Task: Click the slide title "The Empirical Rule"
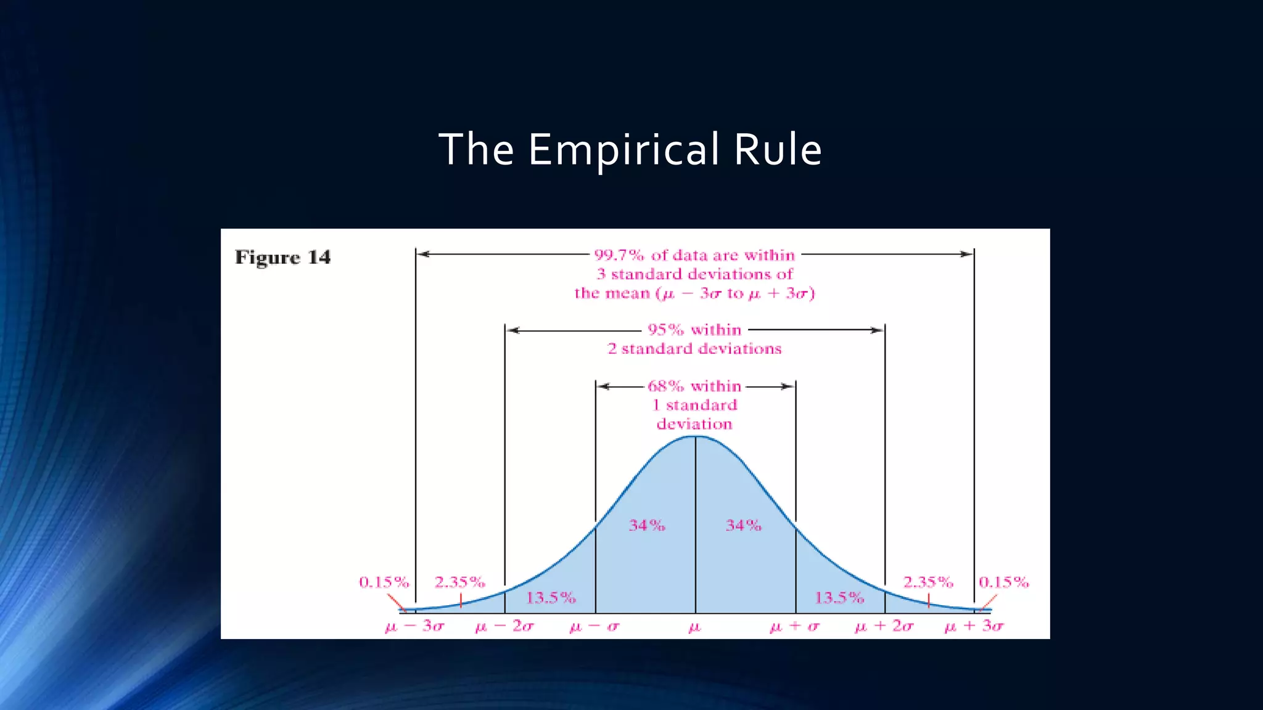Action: (x=630, y=150)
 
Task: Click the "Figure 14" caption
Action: (x=282, y=257)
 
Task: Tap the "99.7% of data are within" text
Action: (x=694, y=255)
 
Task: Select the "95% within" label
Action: (x=694, y=330)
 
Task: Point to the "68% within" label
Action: (x=694, y=386)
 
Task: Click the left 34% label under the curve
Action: (x=647, y=525)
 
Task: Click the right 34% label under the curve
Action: (x=743, y=525)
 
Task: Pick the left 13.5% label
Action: (x=551, y=597)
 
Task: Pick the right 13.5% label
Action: (x=839, y=597)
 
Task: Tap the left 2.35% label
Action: (x=459, y=582)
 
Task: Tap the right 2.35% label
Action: (x=928, y=582)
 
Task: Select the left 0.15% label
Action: (x=384, y=582)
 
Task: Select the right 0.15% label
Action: (x=1003, y=582)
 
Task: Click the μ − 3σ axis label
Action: (x=414, y=626)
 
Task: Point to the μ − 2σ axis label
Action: (x=504, y=626)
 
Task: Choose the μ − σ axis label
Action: (x=594, y=627)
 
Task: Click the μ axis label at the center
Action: (x=694, y=627)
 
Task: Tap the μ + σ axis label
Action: (x=795, y=627)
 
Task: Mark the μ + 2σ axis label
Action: (x=884, y=626)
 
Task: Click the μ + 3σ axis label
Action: (x=974, y=626)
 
